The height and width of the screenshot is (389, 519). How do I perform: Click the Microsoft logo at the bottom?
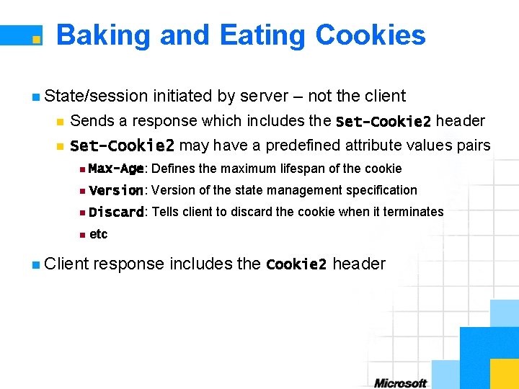tap(401, 383)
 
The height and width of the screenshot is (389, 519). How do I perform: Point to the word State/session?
tap(96, 96)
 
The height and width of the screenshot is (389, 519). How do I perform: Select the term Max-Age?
tap(116, 169)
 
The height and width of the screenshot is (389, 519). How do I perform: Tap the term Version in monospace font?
tap(116, 191)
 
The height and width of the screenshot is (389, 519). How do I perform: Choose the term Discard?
tap(116, 213)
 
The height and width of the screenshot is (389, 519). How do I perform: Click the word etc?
tap(98, 234)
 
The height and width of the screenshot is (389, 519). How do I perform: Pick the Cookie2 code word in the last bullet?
tap(296, 264)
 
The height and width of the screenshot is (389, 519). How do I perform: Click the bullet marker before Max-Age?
tap(84, 169)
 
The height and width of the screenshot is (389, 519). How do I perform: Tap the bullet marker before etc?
tap(84, 235)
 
